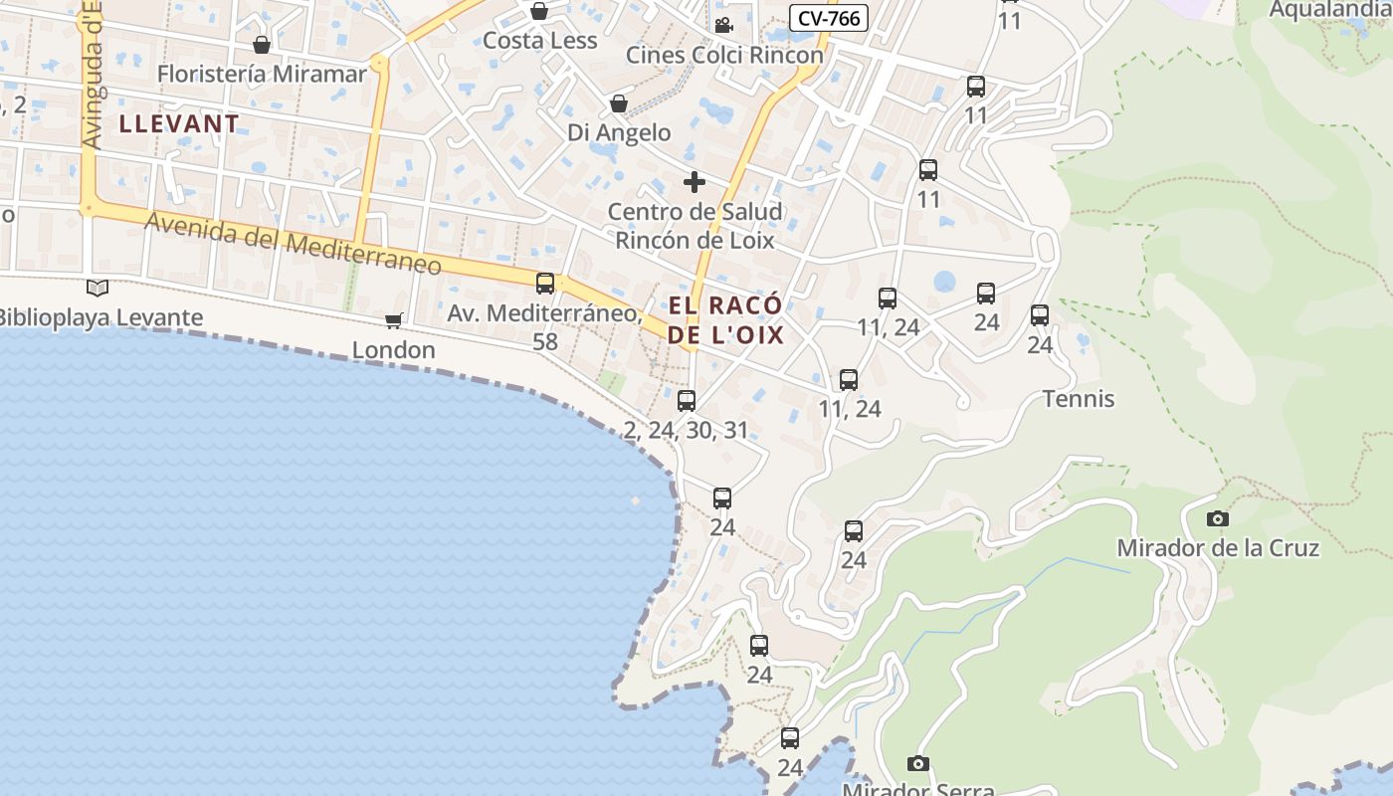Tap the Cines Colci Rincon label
pos(724,55)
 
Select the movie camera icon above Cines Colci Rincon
pos(723,25)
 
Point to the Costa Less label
pos(539,41)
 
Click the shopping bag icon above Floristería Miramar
pos(262,45)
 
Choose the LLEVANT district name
pos(179,124)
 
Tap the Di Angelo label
pos(619,132)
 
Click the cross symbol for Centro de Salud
pos(695,182)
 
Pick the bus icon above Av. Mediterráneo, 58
pos(545,284)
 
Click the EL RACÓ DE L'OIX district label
pos(725,319)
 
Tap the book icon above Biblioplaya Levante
pos(98,289)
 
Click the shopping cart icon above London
pos(394,320)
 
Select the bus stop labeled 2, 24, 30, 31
pos(687,401)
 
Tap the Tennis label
pos(1078,399)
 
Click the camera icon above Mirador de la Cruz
pos(1217,518)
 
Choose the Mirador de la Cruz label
pos(1217,548)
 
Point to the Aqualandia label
pos(1330,10)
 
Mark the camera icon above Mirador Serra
pos(918,763)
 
